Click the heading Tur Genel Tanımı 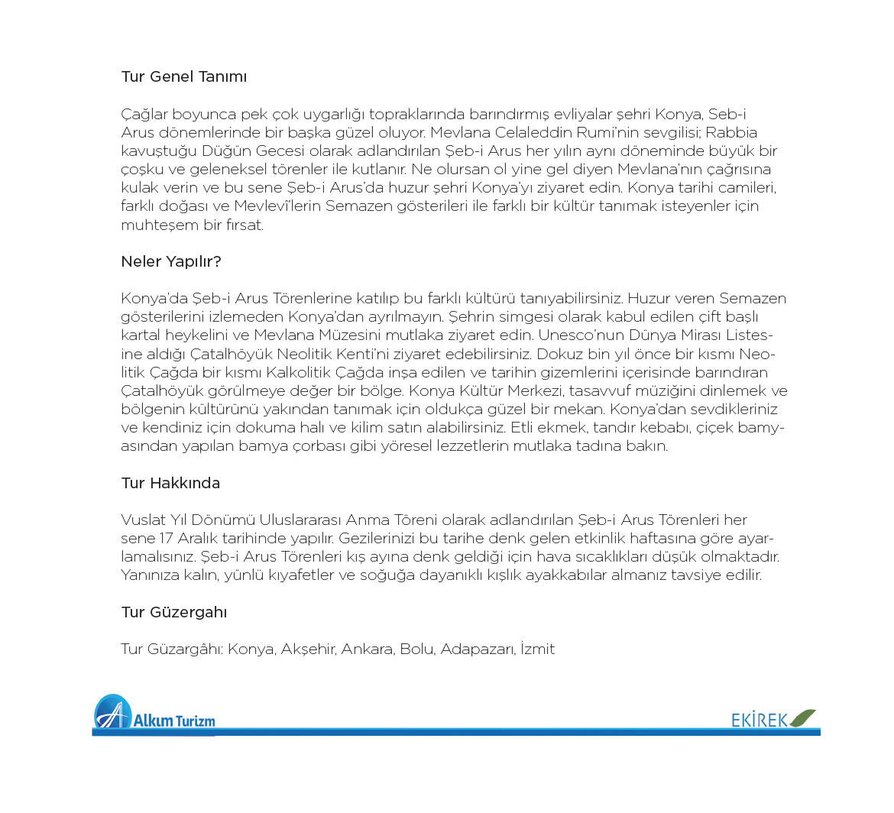(183, 77)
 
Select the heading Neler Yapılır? (171, 262)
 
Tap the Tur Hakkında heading (170, 484)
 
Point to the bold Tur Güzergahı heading (174, 613)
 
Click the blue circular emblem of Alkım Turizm (112, 712)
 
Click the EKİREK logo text (760, 720)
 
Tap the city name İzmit (537, 649)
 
